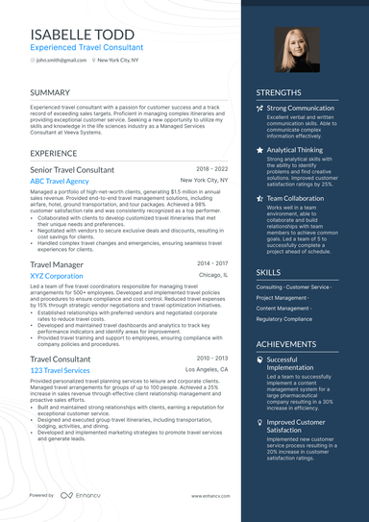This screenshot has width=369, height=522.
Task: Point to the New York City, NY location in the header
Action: pyautogui.click(x=117, y=60)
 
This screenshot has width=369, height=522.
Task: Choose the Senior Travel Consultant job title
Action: pyautogui.click(x=72, y=169)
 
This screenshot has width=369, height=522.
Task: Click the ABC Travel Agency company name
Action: pyautogui.click(x=60, y=181)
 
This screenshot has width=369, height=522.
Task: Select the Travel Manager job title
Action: pyautogui.click(x=57, y=263)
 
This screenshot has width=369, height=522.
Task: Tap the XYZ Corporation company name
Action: pyautogui.click(x=57, y=275)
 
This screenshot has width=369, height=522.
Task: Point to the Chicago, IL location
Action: pyautogui.click(x=213, y=275)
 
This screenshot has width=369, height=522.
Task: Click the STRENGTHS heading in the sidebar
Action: pyautogui.click(x=280, y=93)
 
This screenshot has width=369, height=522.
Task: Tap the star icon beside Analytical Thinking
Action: pyautogui.click(x=259, y=150)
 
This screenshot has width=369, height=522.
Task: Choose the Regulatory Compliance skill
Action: pyautogui.click(x=284, y=318)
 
